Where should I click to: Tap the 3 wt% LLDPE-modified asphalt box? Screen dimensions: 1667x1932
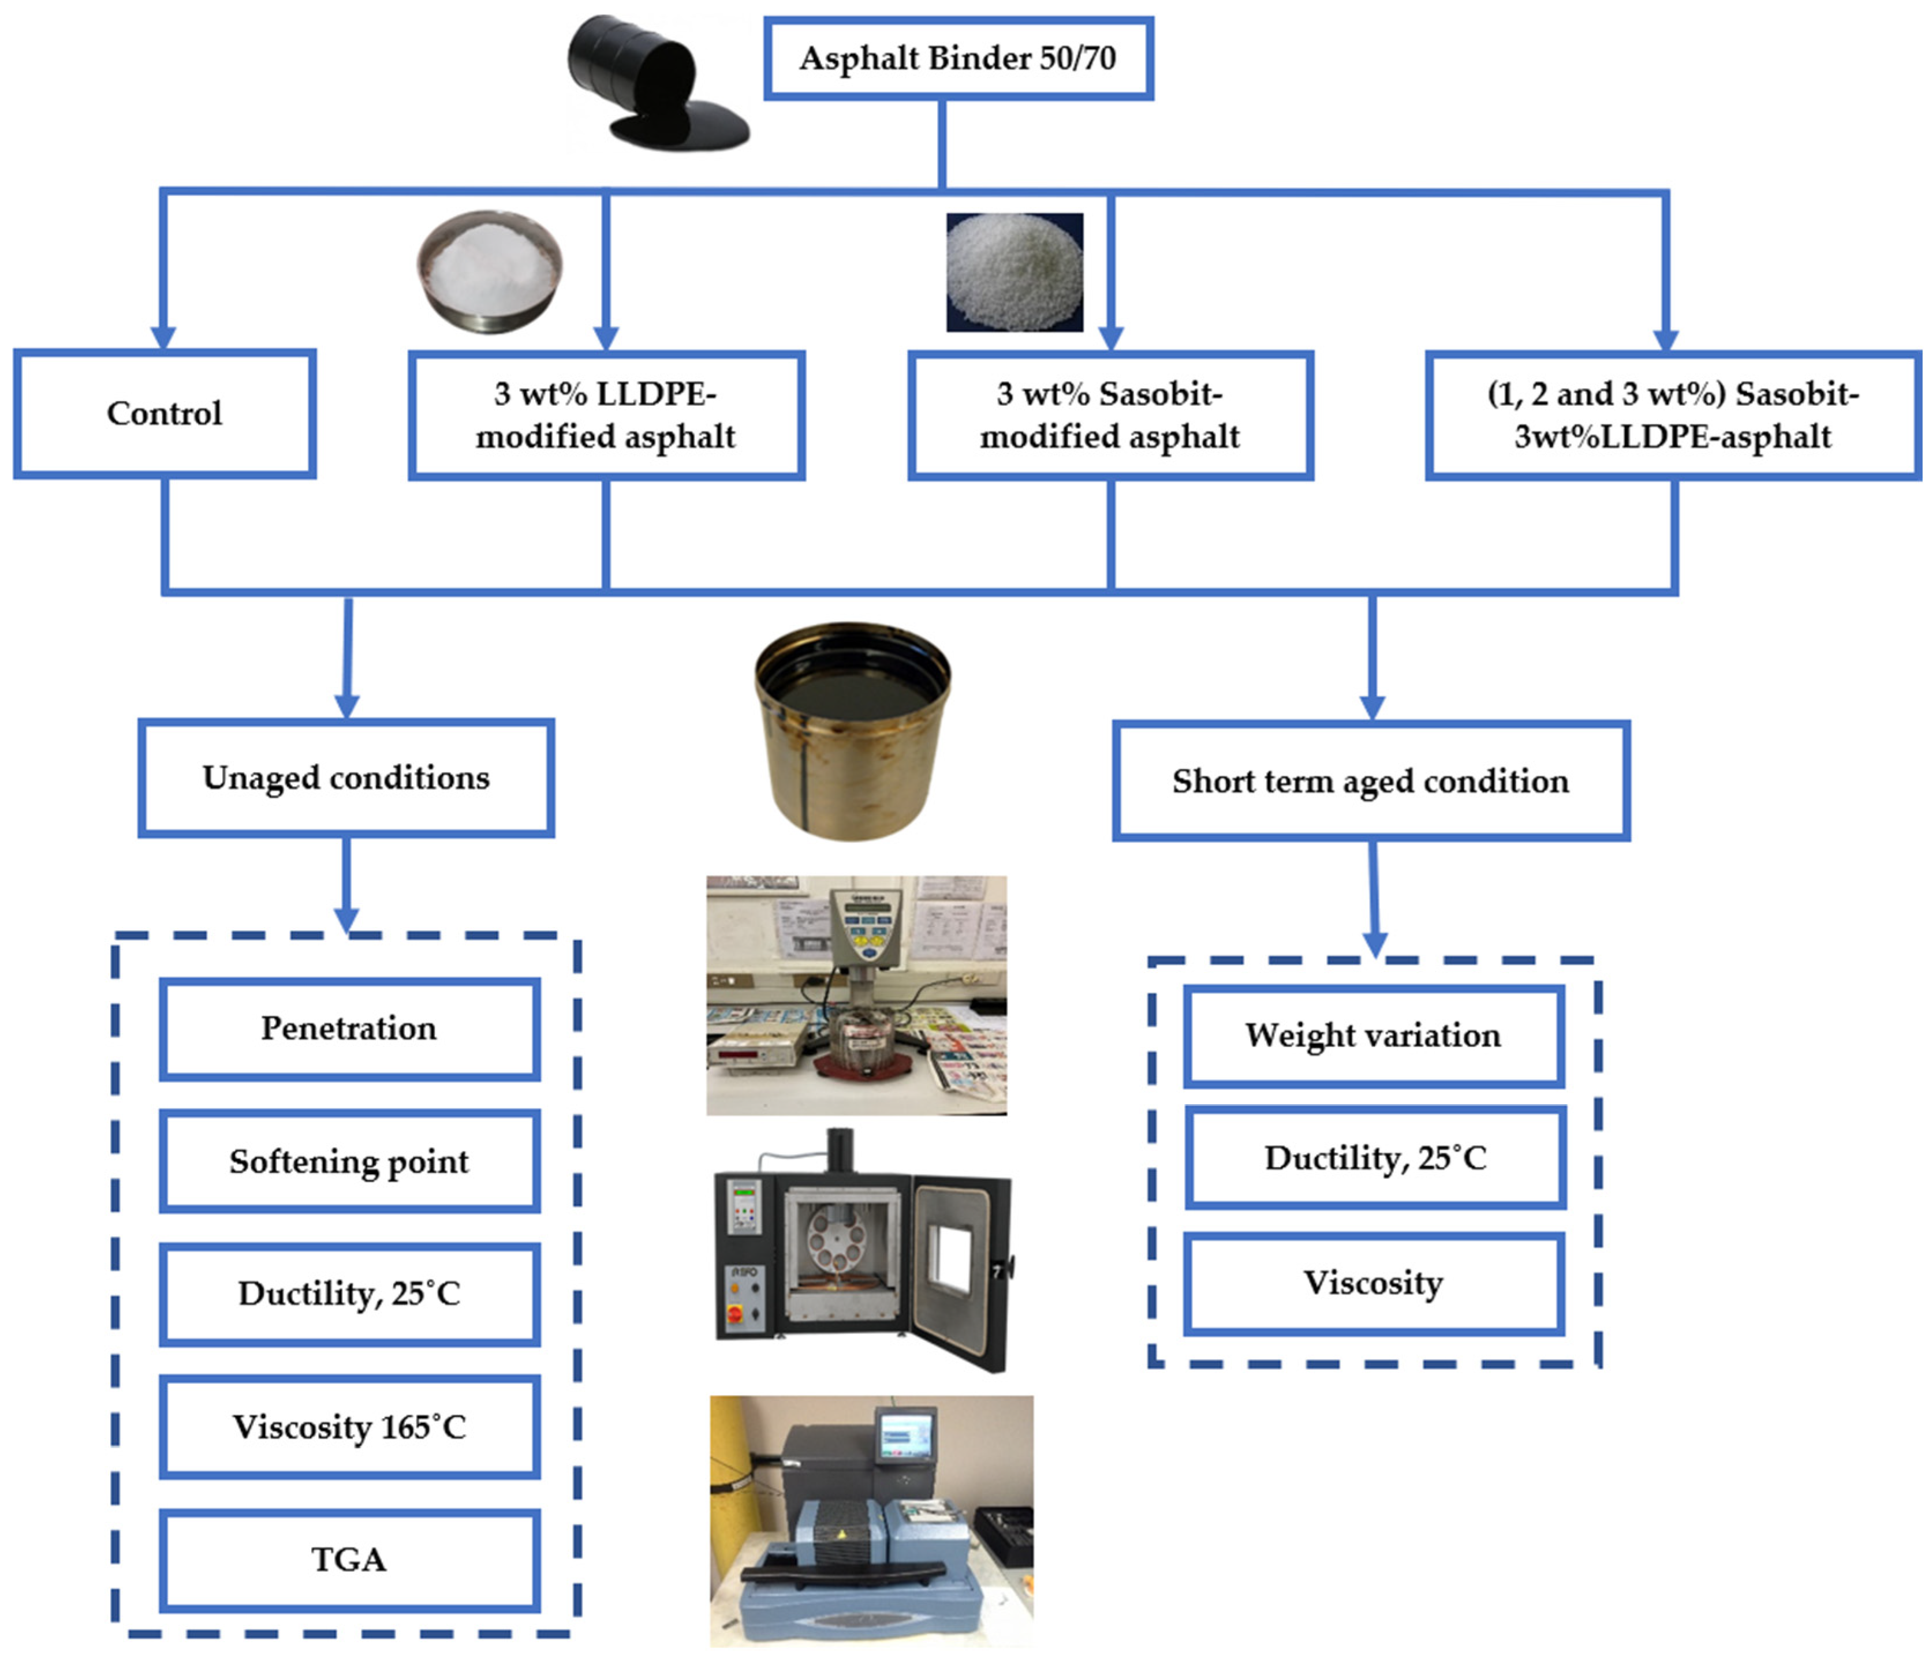(606, 416)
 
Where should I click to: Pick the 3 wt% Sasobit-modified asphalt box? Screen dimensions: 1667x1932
(1110, 416)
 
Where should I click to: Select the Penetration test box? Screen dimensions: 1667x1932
(349, 1029)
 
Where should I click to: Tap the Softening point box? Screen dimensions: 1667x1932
(349, 1161)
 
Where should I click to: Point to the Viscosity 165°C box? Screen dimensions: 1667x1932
(349, 1426)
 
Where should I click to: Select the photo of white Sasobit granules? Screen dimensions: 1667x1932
(1015, 272)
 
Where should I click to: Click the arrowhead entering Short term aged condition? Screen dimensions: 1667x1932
(1371, 707)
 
